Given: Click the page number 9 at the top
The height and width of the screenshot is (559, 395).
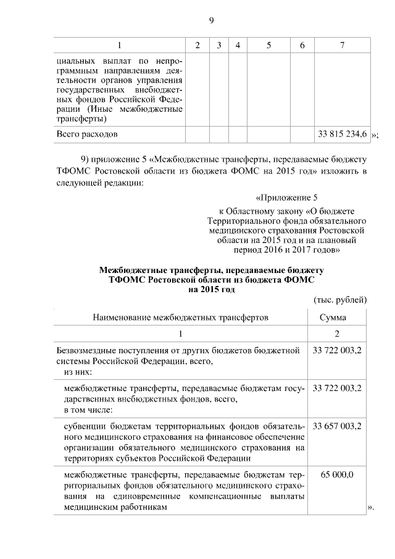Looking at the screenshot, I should click(211, 20).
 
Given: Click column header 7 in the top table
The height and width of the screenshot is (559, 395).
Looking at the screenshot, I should click(343, 46).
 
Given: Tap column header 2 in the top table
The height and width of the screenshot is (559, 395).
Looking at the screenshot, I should click(197, 46).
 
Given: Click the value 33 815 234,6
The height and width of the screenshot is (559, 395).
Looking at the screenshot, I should click(343, 133).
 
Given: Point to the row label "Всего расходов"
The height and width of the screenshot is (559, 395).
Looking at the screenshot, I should click(86, 133).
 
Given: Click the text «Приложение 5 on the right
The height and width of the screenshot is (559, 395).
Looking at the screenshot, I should click(286, 198).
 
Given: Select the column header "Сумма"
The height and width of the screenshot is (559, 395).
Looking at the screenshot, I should click(333, 317).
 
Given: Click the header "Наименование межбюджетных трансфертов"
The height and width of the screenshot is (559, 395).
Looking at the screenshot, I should click(181, 317).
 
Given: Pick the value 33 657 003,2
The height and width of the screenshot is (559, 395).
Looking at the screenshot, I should click(337, 426).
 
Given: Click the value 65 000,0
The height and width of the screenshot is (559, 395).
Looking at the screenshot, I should click(337, 475).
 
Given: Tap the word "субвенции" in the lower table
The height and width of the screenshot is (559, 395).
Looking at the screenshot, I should click(84, 426).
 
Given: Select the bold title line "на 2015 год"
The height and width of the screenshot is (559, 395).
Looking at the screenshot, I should click(212, 288).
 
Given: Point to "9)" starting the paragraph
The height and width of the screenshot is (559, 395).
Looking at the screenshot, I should click(86, 159).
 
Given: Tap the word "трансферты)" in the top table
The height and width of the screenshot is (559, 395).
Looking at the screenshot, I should click(81, 119).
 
